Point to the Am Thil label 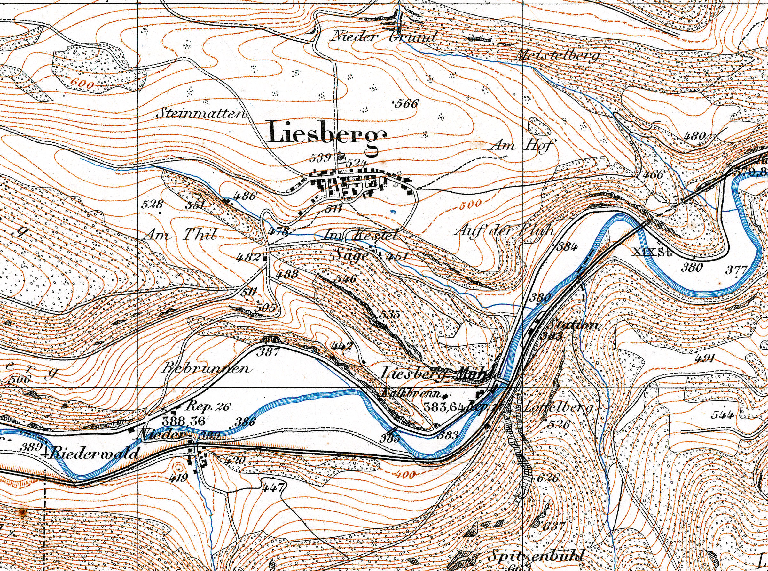(x=181, y=236)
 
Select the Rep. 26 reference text (x=207, y=406)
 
